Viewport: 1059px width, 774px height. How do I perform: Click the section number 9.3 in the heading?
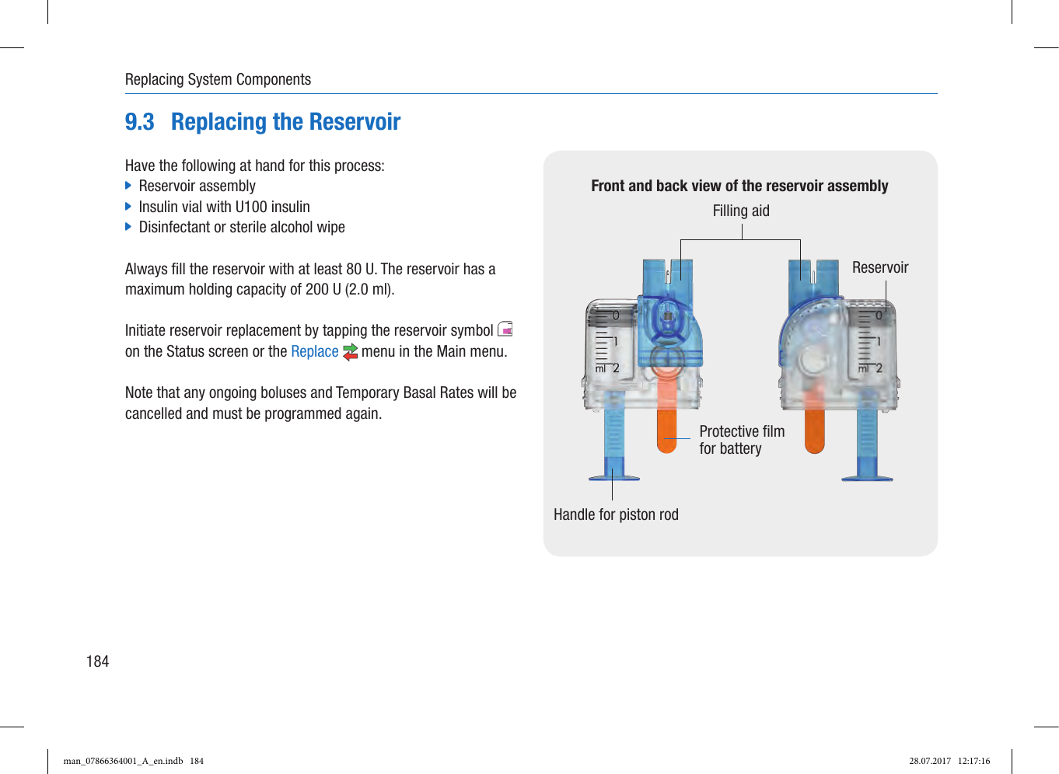[140, 122]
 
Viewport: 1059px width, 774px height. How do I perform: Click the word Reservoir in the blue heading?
[355, 122]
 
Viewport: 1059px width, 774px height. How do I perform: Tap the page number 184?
[97, 661]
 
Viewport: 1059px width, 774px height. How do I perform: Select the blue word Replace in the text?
[314, 351]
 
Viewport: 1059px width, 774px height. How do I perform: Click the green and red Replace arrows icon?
[350, 352]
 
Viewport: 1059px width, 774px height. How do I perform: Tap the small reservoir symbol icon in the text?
[505, 329]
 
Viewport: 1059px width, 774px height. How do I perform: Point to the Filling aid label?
[740, 211]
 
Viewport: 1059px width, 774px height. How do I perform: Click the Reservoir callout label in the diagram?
[879, 267]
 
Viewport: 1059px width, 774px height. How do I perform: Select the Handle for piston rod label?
[616, 514]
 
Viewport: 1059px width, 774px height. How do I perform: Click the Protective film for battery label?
[741, 440]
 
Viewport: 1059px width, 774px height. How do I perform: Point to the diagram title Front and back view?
[739, 186]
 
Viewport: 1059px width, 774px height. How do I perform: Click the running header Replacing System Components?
[218, 79]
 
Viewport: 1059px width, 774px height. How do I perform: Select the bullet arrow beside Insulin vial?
[129, 207]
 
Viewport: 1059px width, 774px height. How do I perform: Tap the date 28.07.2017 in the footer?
[930, 761]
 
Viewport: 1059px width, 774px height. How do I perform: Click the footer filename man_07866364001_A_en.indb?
[123, 761]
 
